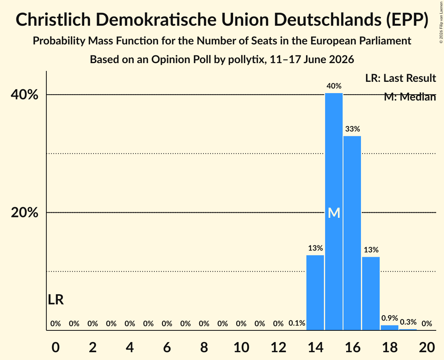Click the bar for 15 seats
tap(334, 212)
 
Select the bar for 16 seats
tap(352, 233)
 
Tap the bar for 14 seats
tap(315, 293)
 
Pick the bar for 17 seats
tap(371, 293)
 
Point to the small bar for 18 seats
tap(389, 327)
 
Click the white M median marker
tap(334, 213)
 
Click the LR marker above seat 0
tap(56, 300)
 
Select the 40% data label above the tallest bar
tap(334, 86)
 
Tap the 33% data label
tap(352, 129)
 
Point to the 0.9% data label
tap(390, 318)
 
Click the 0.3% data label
tap(408, 322)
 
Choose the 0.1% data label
tap(297, 323)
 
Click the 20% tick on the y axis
tap(24, 212)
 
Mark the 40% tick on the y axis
tap(24, 95)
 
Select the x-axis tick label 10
tap(241, 347)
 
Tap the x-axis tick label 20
tap(427, 347)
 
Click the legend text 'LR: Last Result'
tap(400, 78)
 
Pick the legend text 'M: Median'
tap(410, 97)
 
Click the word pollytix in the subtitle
tap(246, 60)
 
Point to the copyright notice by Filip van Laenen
tap(441, 22)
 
